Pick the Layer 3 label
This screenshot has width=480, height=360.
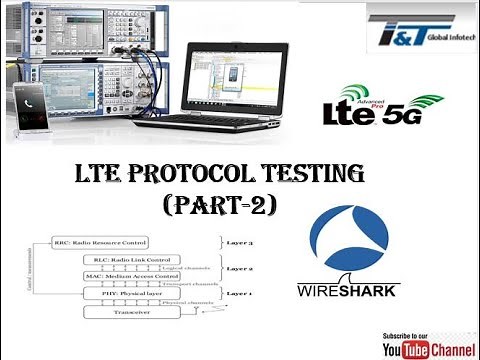[x=237, y=242]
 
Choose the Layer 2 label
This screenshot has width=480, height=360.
[x=237, y=269]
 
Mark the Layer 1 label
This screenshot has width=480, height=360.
[x=237, y=292]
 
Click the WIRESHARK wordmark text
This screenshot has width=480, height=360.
[x=347, y=292]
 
